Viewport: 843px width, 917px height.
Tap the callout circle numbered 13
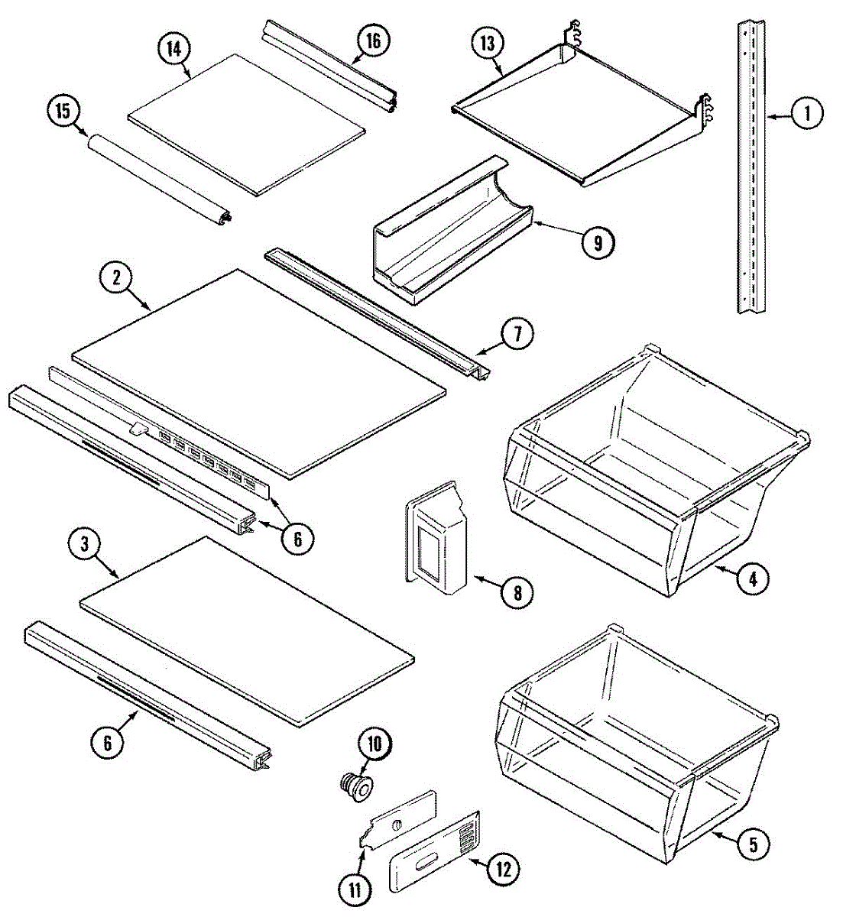488,44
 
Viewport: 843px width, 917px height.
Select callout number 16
372,41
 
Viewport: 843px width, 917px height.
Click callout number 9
597,242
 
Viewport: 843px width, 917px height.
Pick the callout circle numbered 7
517,335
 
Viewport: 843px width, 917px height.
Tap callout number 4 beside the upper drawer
753,578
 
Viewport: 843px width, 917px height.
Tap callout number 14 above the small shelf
174,50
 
